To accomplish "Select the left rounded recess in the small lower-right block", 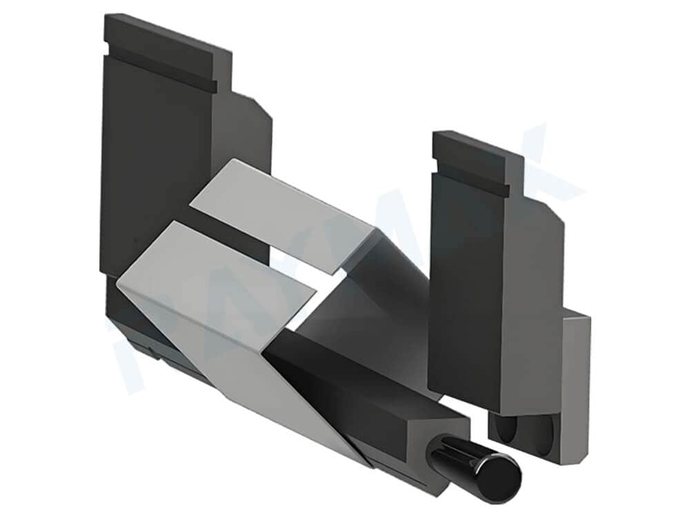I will click(x=507, y=434).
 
